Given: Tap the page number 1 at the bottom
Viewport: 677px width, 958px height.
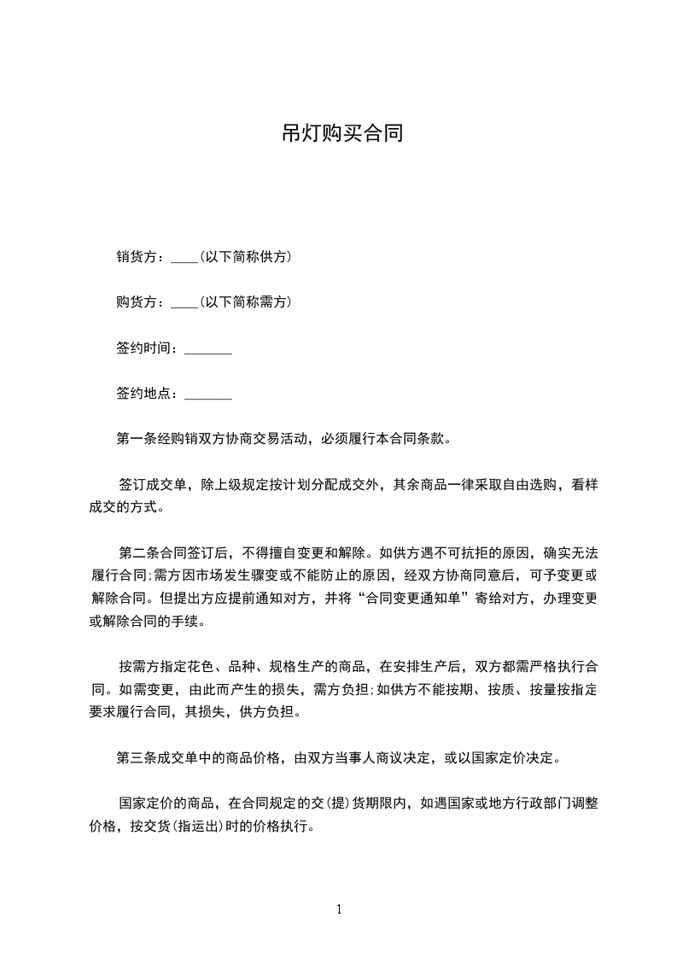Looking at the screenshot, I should click(x=339, y=909).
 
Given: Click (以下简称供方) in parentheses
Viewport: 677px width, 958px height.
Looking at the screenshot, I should click(x=244, y=256).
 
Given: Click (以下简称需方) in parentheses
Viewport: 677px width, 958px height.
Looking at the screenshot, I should click(x=244, y=301).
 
